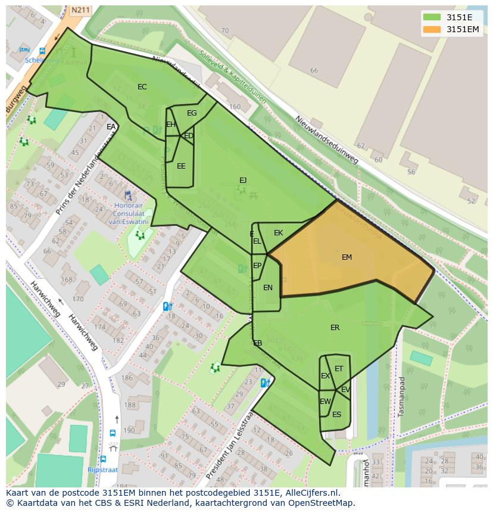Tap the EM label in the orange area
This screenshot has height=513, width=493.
347,257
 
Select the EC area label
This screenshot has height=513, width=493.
142,87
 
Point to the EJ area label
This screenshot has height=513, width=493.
243,180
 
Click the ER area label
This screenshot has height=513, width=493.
335,328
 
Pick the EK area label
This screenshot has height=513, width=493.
278,233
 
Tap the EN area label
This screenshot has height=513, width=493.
267,288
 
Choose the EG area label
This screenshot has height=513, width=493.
192,113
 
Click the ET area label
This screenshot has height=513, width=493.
339,369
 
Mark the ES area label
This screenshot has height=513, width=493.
336,415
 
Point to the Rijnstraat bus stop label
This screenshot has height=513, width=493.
103,470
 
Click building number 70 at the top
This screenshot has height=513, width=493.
224,31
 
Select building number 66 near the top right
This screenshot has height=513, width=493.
314,70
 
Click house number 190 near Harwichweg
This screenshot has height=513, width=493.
129,430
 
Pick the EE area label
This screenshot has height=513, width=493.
181,166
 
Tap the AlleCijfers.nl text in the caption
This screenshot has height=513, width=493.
311,493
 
